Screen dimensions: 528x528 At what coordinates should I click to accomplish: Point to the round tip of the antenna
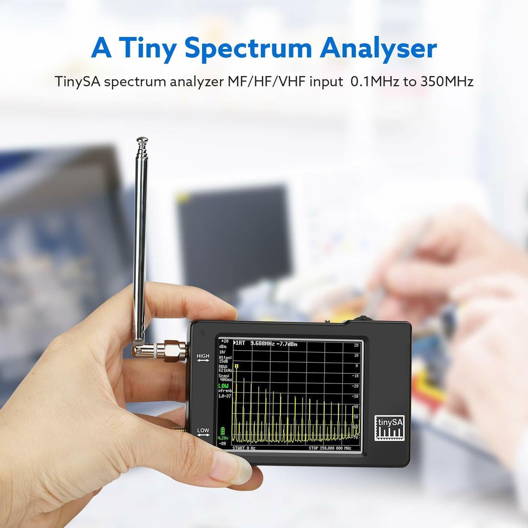142,142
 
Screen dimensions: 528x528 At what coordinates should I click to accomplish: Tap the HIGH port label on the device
203,357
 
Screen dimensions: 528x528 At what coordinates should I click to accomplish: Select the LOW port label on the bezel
203,431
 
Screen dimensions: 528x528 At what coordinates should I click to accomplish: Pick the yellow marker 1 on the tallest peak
237,366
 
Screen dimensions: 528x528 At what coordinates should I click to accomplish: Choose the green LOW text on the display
223,386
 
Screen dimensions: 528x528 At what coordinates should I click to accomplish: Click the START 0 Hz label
243,448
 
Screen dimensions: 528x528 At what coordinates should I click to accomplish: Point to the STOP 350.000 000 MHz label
330,448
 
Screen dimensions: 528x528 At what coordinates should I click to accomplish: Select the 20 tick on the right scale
356,345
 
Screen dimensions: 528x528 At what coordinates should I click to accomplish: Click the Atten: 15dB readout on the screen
225,359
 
